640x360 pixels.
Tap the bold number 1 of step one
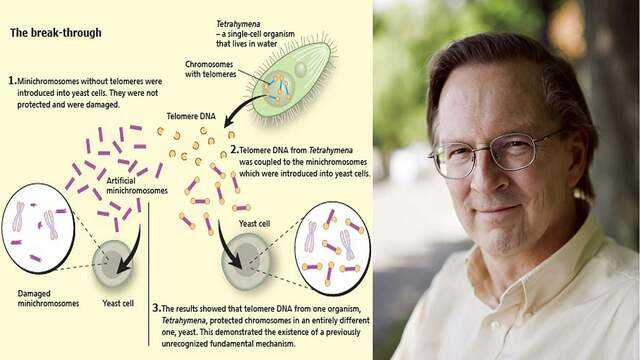pyautogui.click(x=11, y=79)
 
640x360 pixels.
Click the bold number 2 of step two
pyautogui.click(x=234, y=148)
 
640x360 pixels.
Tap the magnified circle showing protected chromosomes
pyautogui.click(x=332, y=247)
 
